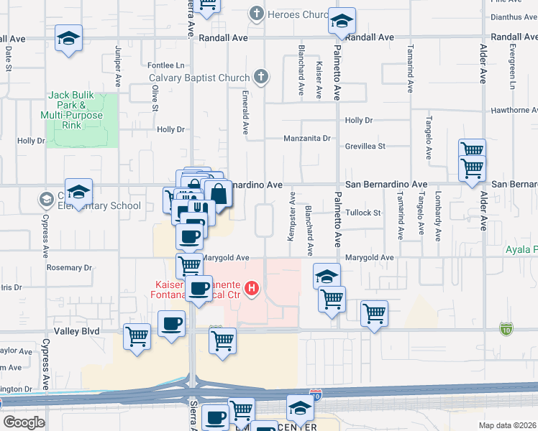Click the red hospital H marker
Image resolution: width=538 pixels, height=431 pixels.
(252, 289)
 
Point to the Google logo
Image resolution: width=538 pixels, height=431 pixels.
(24, 422)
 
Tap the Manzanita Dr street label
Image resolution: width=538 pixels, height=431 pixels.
(306, 138)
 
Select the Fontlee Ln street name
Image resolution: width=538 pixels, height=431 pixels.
(161, 65)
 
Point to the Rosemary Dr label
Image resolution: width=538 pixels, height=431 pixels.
(70, 267)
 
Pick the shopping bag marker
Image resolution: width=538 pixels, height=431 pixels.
(218, 193)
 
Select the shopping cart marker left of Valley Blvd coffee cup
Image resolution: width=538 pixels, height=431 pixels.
(137, 336)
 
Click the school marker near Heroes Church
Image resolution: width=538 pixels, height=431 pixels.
(342, 21)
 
